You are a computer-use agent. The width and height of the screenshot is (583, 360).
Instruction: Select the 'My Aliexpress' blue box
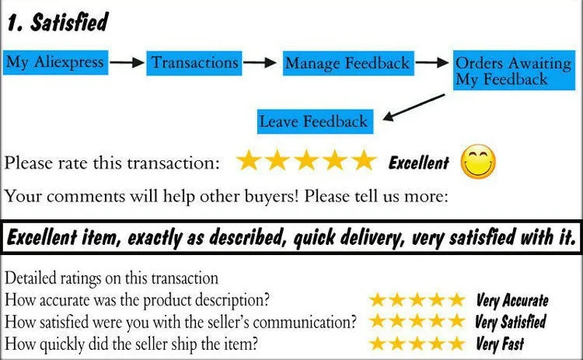coord(54,62)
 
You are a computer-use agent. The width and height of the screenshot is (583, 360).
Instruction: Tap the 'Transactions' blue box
coord(195,62)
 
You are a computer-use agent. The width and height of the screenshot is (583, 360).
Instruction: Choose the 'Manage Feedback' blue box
coord(347,63)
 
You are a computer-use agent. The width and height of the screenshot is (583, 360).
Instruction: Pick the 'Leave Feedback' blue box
coord(313,121)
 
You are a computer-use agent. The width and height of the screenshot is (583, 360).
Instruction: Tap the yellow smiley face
coord(478,162)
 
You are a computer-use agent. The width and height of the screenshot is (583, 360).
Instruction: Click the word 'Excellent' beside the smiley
coord(418,163)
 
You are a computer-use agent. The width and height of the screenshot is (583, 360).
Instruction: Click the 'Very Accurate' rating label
coord(511,301)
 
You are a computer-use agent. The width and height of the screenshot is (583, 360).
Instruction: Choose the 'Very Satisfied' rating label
coord(510,322)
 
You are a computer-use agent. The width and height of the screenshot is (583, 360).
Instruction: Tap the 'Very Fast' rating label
coord(499,343)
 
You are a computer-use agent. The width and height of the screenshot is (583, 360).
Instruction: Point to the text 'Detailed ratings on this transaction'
coord(111,278)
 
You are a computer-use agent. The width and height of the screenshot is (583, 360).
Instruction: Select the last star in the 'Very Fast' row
coord(457,343)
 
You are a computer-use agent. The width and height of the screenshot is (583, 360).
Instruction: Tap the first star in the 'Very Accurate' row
coord(379,301)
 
